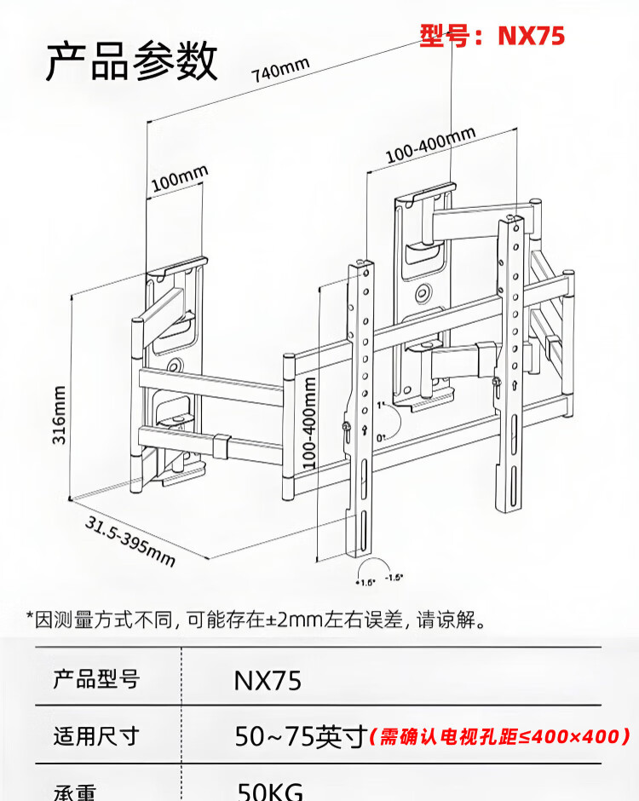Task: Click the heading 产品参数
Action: tap(132, 61)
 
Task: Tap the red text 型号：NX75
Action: tap(492, 36)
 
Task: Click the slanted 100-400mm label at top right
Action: tap(429, 144)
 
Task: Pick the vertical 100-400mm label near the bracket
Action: tap(310, 422)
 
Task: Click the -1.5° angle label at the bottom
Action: tap(394, 577)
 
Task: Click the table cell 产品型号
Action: tap(95, 680)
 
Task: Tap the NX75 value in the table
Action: tap(268, 681)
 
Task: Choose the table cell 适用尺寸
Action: tap(95, 735)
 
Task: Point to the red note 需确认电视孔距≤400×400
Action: tap(500, 735)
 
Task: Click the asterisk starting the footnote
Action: tap(30, 617)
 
